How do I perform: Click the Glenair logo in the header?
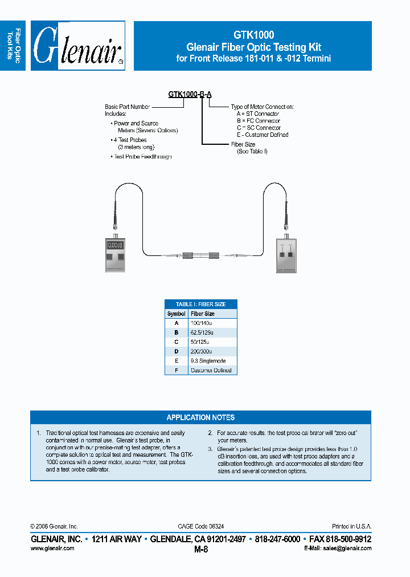point(78,46)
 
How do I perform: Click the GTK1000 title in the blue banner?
point(253,35)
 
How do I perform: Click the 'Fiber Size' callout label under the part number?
point(243,144)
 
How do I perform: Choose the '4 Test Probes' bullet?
point(130,140)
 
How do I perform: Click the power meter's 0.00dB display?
point(116,245)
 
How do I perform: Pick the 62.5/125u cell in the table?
point(202,332)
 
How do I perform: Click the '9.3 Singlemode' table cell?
point(208,361)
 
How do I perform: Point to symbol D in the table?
point(177,351)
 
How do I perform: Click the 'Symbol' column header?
point(177,314)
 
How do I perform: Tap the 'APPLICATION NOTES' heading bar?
point(200,417)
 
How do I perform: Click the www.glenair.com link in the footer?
point(52,548)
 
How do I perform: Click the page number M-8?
point(201,550)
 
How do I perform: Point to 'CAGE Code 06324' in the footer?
point(200,526)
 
